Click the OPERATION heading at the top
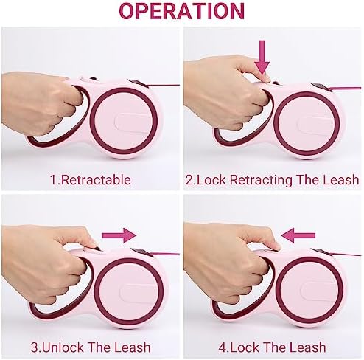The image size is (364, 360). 182,11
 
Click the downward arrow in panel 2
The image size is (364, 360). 262,58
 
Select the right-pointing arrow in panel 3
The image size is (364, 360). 119,235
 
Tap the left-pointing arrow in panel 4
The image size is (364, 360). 298,235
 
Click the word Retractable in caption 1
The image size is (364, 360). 96,179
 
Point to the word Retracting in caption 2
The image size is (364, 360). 261,180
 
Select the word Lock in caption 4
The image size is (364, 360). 243,347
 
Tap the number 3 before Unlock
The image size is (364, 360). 35,347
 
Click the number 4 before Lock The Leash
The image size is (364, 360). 223,347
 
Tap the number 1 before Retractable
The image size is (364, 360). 53,180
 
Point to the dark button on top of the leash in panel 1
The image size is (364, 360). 94,79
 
